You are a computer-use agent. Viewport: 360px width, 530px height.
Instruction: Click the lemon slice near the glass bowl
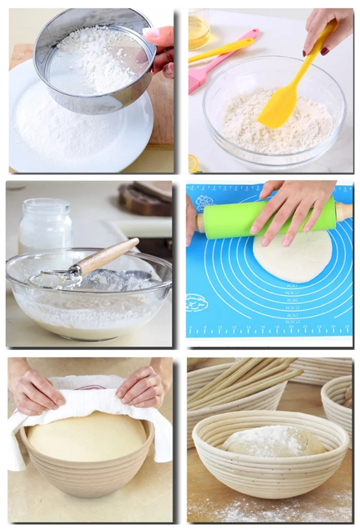click(x=193, y=163)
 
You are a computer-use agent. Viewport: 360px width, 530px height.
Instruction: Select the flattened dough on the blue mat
click(x=293, y=257)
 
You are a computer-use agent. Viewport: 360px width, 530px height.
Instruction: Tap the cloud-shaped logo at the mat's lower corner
click(x=197, y=303)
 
